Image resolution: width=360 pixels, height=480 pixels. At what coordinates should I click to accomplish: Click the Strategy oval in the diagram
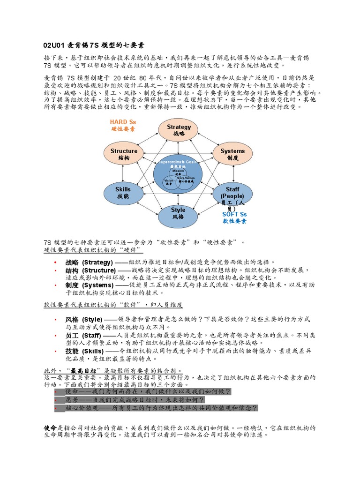tap(179, 130)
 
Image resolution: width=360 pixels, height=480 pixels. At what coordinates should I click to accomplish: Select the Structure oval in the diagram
tap(124, 154)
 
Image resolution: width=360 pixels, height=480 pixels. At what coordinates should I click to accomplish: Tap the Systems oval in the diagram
tap(232, 154)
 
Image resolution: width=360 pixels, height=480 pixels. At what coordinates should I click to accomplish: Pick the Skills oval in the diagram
tap(123, 193)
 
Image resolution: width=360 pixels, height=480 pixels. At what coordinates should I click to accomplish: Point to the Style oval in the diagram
tap(178, 213)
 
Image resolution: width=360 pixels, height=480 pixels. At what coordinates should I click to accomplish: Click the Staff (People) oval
tap(232, 193)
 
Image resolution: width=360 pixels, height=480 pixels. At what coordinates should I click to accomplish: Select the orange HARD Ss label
tap(123, 122)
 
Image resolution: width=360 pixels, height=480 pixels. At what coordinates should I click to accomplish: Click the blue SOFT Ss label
tap(234, 214)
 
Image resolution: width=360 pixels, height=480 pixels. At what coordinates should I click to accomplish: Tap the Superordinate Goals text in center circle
tap(178, 162)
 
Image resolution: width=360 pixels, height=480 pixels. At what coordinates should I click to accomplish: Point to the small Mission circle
tap(178, 172)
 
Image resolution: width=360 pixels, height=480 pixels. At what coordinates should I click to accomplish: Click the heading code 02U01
tap(52, 45)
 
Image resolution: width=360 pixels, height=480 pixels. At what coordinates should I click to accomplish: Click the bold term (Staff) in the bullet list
tap(91, 336)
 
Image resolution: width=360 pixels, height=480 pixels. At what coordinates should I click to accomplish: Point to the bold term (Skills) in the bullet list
tap(92, 351)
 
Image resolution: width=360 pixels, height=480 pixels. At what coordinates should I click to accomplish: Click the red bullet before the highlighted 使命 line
tap(56, 391)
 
